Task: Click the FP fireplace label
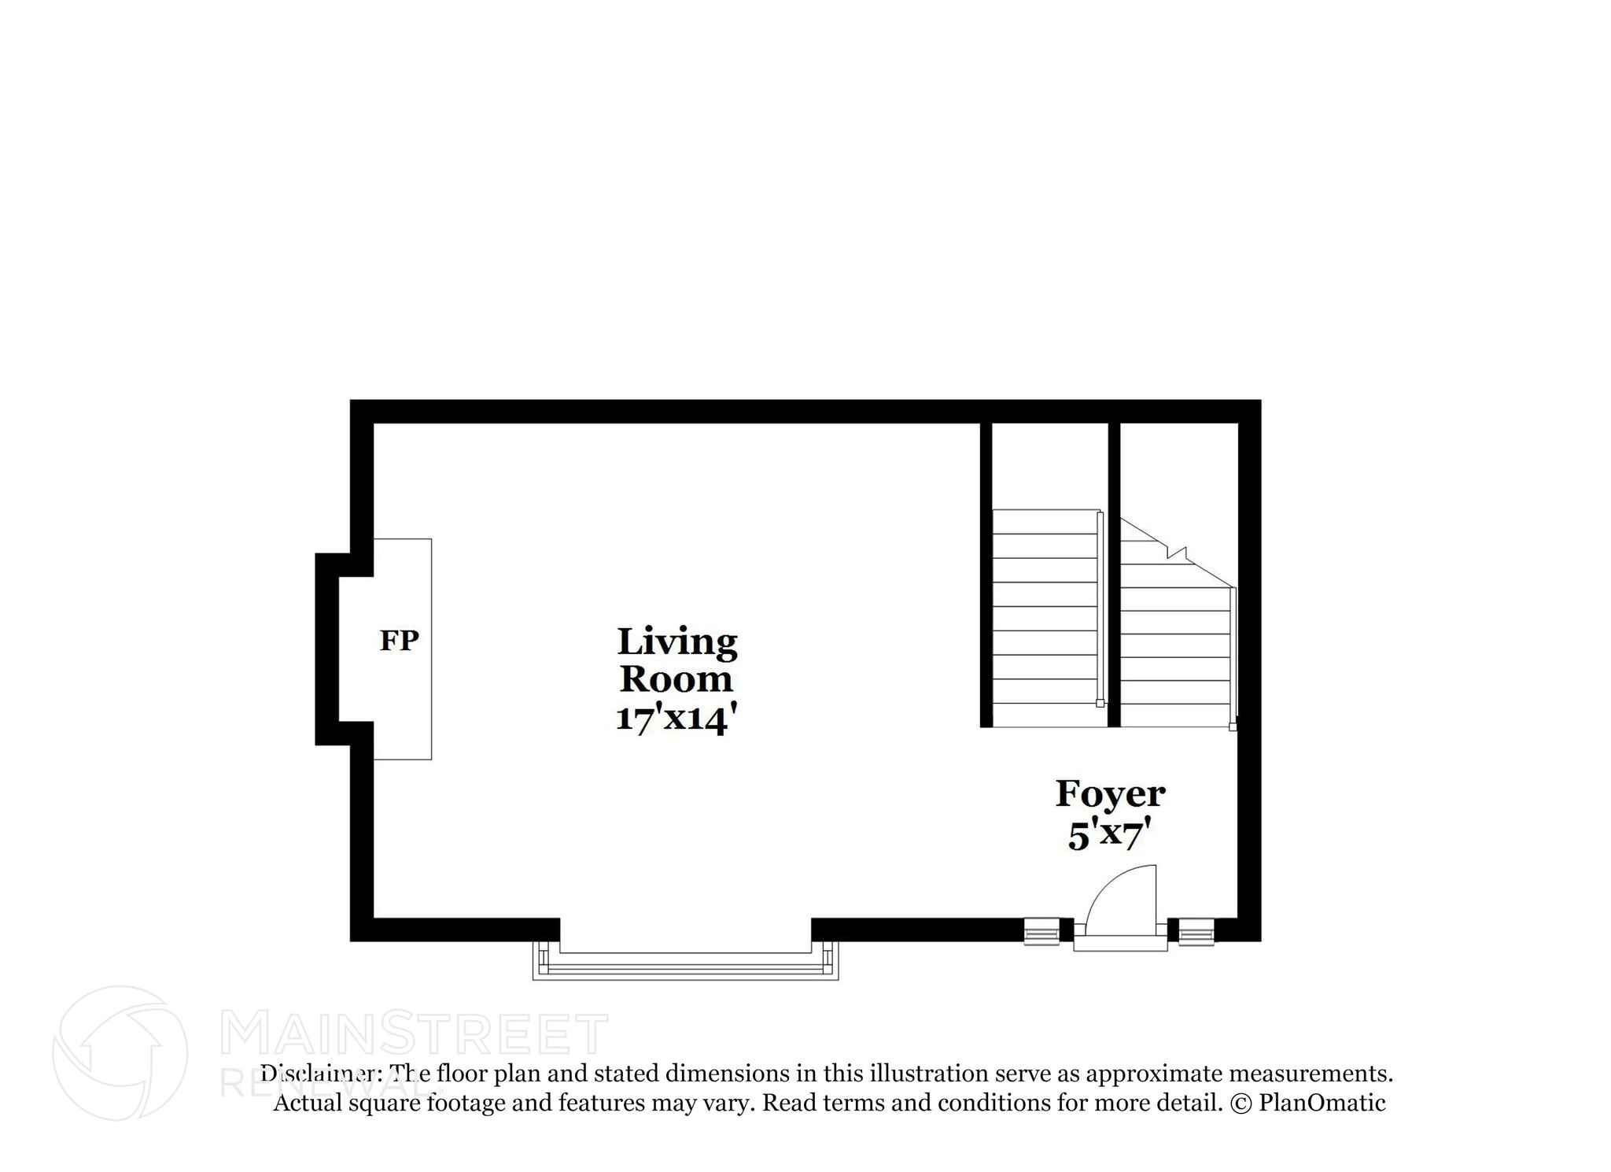(399, 641)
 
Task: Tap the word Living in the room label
(676, 643)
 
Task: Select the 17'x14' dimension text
(676, 718)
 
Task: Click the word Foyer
(1110, 793)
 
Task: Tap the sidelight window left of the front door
(1041, 931)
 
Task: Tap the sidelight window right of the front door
(1196, 931)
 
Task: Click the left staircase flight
(1045, 618)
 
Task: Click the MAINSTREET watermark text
(414, 1034)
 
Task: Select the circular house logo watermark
(120, 1052)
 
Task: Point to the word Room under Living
(676, 679)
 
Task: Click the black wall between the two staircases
(1114, 575)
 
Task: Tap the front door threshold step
(1120, 943)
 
